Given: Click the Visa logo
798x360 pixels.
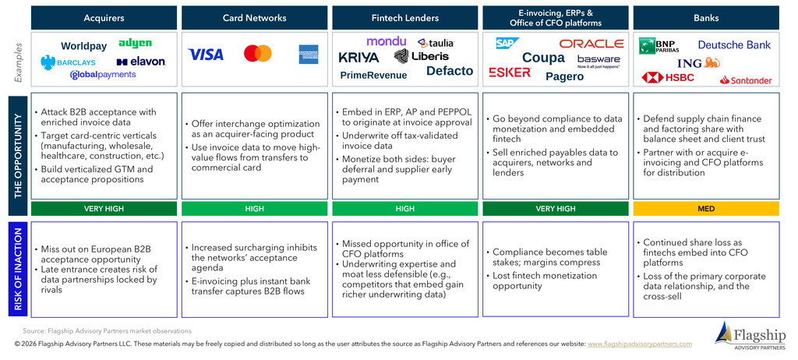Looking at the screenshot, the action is pos(206,54).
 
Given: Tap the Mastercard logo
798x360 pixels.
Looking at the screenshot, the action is pos(257,54).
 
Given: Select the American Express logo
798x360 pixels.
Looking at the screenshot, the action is pos(309,54).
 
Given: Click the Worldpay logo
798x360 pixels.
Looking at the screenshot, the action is pos(84,46).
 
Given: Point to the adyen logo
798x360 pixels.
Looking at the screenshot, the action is pos(135,44).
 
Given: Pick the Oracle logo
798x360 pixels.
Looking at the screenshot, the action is pos(591,44).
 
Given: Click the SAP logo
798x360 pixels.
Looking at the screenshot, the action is pos(507,44).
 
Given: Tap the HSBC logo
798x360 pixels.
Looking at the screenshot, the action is pos(668,77).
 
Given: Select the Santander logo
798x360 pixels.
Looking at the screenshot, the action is pos(746,80).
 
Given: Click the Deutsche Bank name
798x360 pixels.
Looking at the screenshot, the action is pos(734,45).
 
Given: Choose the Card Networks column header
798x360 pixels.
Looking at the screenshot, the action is pos(255,18).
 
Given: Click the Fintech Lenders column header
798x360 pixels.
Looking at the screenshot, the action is pos(405,18).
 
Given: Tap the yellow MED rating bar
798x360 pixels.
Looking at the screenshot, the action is pos(706,209).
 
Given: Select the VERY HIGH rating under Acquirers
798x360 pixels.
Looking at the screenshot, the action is pos(104,209).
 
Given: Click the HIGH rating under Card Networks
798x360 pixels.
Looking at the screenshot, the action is pos(255,209).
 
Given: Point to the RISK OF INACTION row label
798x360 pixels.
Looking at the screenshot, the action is pos(18,270).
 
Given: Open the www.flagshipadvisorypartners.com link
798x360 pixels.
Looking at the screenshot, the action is pos(640,344).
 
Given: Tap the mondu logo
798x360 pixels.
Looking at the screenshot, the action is pos(387,42).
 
